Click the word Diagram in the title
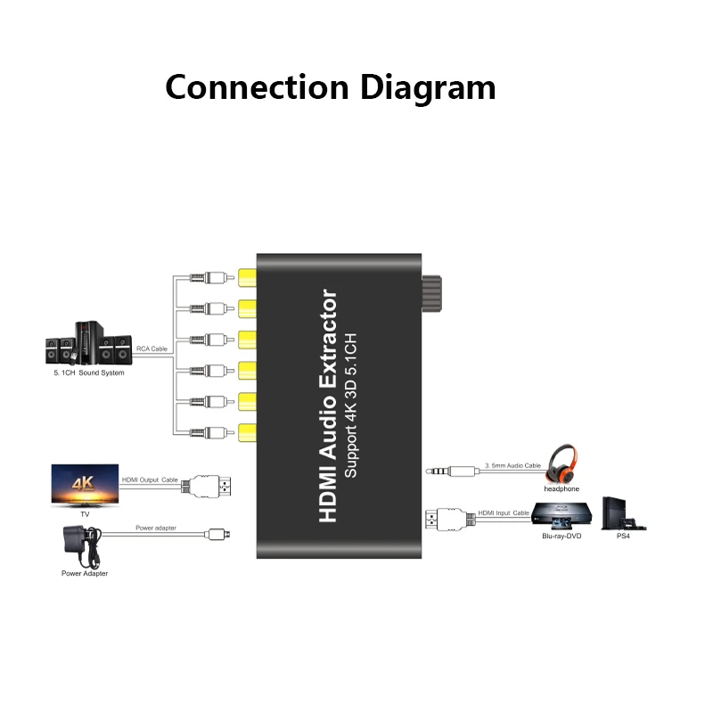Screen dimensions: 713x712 pos(428,88)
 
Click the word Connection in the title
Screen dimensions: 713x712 pos(257,86)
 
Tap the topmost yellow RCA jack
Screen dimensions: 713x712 pos(248,278)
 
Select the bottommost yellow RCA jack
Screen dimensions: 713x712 pos(248,432)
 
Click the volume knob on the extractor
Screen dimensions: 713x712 pos(432,293)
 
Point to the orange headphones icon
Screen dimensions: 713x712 pos(562,463)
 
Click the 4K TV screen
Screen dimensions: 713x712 pos(85,484)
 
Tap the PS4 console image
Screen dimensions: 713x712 pos(623,514)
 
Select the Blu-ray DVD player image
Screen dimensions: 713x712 pos(562,516)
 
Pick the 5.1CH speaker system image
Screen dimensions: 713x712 pos(88,343)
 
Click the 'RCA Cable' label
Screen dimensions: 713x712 pos(152,348)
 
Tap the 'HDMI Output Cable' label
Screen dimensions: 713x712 pos(150,479)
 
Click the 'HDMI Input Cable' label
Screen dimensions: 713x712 pos(504,513)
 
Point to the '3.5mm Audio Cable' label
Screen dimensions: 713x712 pos(513,465)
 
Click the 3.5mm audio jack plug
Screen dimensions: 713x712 pos(452,471)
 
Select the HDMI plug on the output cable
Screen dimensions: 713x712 pos(207,486)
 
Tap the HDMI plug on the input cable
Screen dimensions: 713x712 pos(450,520)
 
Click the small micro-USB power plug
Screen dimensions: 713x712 pos(217,535)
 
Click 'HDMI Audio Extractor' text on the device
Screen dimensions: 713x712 pos(328,405)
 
